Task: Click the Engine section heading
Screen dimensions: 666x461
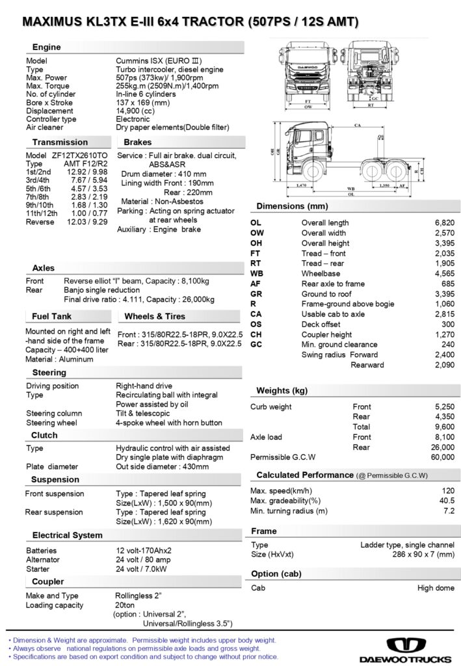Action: [47, 47]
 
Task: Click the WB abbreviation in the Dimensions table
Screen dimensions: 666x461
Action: [257, 274]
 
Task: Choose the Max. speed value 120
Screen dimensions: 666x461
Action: [447, 490]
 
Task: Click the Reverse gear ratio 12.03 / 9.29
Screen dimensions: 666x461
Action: [87, 222]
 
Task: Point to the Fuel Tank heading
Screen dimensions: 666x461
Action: [52, 317]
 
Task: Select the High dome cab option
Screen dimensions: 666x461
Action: [436, 588]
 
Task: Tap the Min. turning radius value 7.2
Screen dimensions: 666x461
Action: [449, 511]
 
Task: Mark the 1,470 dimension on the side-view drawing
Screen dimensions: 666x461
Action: [300, 185]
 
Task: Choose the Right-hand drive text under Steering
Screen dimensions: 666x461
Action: [144, 386]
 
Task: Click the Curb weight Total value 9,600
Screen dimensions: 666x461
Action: [444, 427]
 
